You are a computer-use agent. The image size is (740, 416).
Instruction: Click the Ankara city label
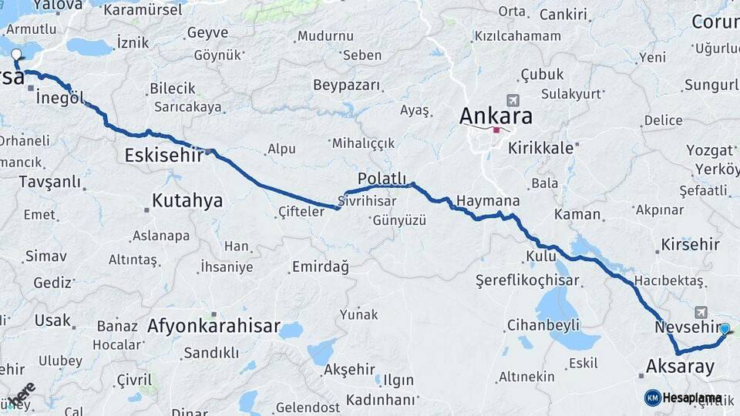click(x=496, y=116)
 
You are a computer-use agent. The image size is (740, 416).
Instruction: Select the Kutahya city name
click(x=187, y=201)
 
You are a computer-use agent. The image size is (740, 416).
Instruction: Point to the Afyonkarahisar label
click(x=214, y=326)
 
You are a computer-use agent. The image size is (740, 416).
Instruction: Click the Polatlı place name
click(x=382, y=178)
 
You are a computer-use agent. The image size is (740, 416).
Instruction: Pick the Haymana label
click(x=487, y=201)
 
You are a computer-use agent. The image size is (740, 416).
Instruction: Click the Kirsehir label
click(x=690, y=245)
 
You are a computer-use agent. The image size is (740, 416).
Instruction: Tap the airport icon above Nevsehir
click(x=701, y=312)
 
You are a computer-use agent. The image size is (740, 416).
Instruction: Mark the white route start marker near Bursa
click(x=17, y=55)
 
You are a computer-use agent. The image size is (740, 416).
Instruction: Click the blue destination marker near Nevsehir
click(x=725, y=328)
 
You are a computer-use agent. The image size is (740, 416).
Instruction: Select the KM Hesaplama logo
click(x=683, y=398)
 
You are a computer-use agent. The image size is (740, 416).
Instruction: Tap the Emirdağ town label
click(x=320, y=267)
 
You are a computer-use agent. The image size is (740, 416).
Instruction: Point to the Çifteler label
click(x=301, y=211)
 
